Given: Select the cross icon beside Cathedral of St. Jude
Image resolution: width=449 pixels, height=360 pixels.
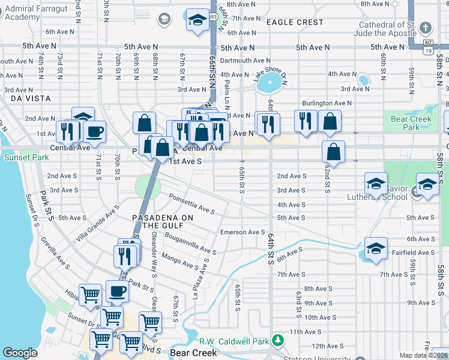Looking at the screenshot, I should tap(425, 28).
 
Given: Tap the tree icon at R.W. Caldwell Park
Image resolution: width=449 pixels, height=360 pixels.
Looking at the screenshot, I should tap(277, 341).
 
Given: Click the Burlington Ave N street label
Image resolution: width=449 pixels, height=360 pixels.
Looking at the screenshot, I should tap(327, 103).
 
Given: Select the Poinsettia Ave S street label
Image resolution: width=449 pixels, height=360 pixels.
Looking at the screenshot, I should tap(191, 203).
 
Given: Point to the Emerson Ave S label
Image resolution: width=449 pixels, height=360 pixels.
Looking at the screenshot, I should tap(243, 232).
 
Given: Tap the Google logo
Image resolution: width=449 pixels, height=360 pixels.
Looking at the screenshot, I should tap(20, 353).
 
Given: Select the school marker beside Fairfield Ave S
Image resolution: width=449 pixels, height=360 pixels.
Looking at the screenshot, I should tap(376, 250).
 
